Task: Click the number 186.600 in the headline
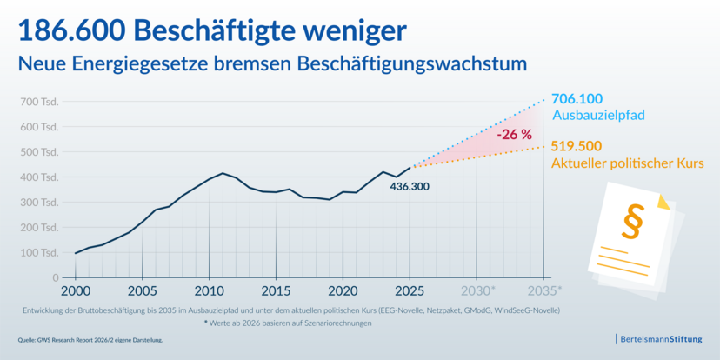tap(73, 30)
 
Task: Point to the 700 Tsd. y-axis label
tap(39, 102)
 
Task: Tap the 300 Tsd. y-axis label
tap(39, 203)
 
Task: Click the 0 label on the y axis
tap(55, 277)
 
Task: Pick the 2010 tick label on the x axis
tap(209, 291)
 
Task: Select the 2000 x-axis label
tap(76, 291)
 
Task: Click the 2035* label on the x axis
tap(545, 291)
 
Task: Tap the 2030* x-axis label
tap(478, 291)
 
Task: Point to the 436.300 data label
tap(410, 187)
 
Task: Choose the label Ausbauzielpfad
tap(599, 116)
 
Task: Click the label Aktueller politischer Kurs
tap(627, 163)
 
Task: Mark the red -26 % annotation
tap(514, 135)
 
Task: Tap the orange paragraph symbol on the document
tap(632, 221)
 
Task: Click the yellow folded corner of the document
tap(664, 202)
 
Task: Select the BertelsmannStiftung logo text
tap(661, 340)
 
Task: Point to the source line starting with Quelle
tap(90, 340)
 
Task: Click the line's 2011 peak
tap(223, 173)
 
